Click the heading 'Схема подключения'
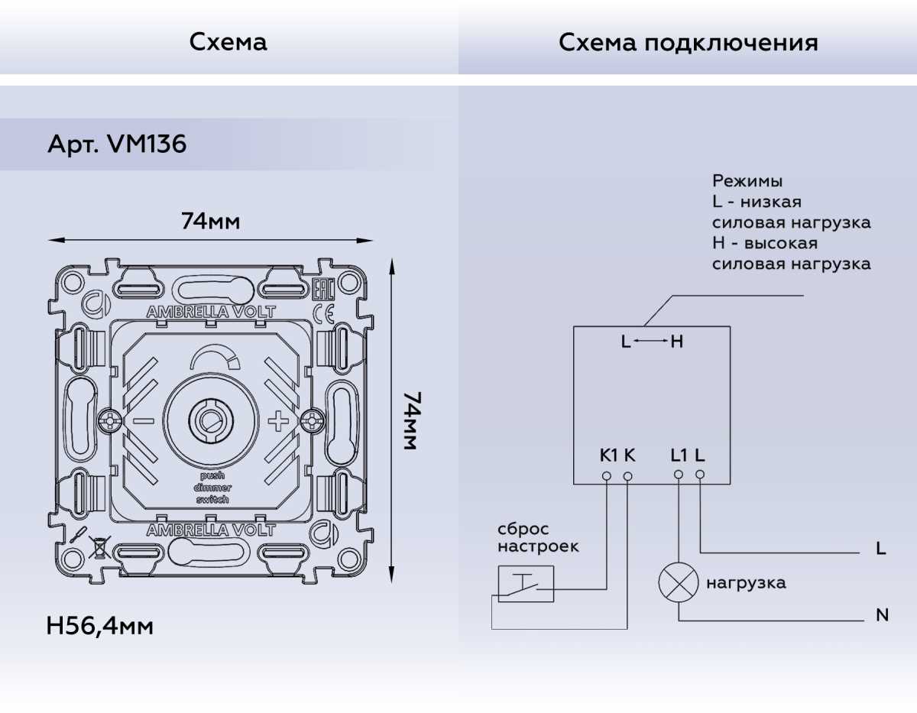click(x=688, y=42)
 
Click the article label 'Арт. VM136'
click(x=117, y=144)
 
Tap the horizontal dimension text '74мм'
click(x=210, y=222)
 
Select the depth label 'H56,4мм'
click(x=99, y=627)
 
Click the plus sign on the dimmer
click(x=279, y=420)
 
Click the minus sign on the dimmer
click(x=144, y=420)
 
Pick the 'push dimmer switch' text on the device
click(x=211, y=488)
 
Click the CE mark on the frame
click(x=325, y=313)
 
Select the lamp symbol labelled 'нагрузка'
click(x=679, y=583)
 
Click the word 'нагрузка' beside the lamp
click(x=745, y=583)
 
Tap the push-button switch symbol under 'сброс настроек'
click(x=526, y=584)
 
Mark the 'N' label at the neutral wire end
click(x=882, y=615)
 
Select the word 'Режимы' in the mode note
click(x=747, y=181)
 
